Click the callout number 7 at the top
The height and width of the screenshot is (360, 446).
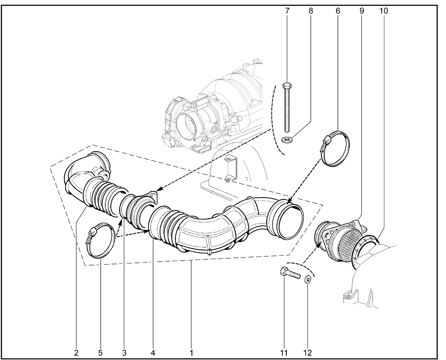click(287, 11)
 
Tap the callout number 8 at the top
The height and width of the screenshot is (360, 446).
click(311, 11)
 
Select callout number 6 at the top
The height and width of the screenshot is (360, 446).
click(338, 11)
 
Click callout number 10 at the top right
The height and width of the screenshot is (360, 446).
click(383, 11)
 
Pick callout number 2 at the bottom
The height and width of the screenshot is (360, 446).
click(76, 353)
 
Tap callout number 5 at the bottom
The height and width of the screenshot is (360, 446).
click(100, 353)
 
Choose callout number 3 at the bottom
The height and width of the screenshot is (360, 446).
click(124, 353)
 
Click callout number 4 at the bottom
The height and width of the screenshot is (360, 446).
click(153, 353)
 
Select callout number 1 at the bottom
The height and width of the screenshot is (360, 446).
click(191, 353)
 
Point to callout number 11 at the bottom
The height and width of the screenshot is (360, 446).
click(284, 353)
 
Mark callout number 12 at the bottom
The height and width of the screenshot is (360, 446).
click(307, 353)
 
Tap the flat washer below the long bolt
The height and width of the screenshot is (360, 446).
click(287, 140)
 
